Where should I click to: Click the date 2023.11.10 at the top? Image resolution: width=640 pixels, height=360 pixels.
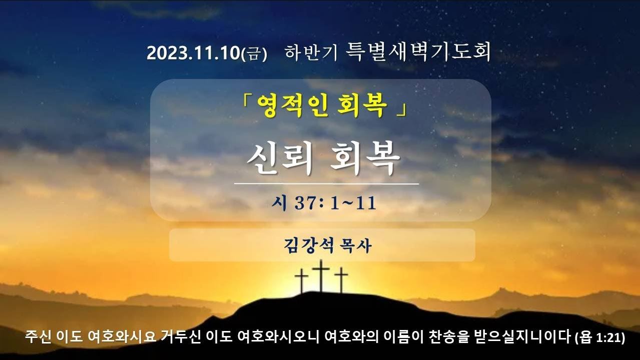(193, 53)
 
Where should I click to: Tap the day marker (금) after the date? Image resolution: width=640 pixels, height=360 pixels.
(254, 53)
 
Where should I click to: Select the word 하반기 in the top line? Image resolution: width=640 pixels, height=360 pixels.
(311, 52)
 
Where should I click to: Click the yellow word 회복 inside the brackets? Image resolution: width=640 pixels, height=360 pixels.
(362, 105)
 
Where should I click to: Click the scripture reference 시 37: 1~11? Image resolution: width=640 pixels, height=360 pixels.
(324, 203)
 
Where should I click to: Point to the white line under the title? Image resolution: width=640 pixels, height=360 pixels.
(327, 184)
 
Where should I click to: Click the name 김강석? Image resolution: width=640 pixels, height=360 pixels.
(309, 245)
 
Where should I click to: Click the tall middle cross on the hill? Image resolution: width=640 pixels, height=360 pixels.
(321, 276)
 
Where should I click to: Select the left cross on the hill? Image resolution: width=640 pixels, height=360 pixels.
(301, 281)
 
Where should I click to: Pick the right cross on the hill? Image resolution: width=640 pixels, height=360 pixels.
(341, 280)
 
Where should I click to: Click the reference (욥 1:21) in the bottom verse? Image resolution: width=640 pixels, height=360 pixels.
(600, 337)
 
